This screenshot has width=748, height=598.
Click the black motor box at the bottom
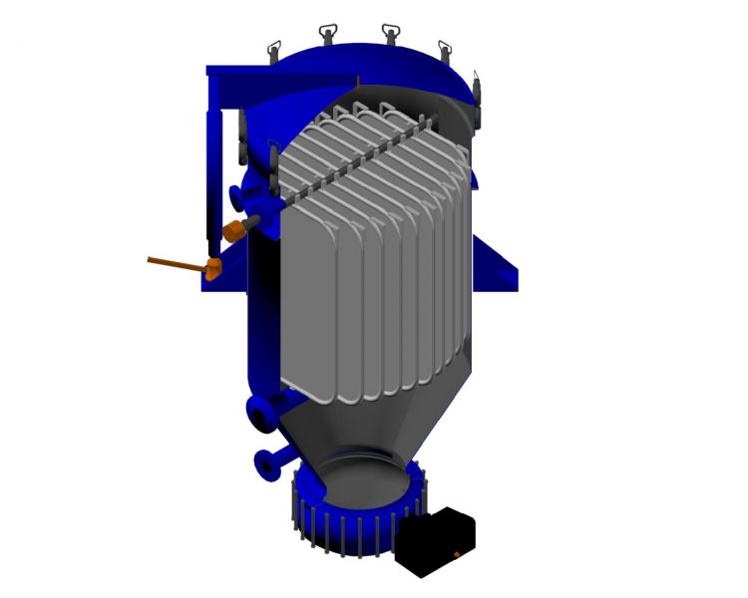(x=437, y=539)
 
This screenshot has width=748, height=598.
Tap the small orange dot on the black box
(x=458, y=550)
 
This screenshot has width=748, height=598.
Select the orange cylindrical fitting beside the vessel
(x=236, y=230)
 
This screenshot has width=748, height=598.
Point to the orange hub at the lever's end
(x=212, y=267)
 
